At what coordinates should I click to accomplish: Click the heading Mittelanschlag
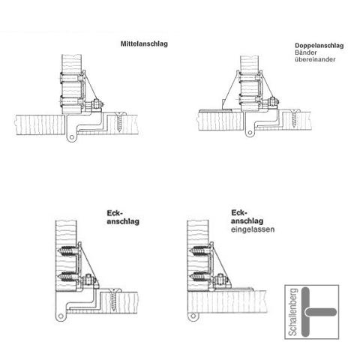point(144,43)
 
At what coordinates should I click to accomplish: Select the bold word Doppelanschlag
point(319,46)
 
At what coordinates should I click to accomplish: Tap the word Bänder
point(306,52)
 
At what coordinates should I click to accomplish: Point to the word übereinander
point(315,59)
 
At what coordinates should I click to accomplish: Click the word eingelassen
point(253,229)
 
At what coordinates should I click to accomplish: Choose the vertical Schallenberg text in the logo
point(293,312)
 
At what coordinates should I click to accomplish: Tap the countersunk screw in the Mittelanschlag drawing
point(119,122)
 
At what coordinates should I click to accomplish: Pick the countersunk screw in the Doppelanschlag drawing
point(294,119)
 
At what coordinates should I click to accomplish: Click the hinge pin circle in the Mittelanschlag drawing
point(72,137)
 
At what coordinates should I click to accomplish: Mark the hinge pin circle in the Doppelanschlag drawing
point(250,133)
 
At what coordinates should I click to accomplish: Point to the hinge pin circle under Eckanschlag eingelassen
point(193,316)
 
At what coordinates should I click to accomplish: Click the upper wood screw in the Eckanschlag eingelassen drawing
point(199,250)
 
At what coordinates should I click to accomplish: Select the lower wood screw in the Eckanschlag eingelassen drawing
point(199,277)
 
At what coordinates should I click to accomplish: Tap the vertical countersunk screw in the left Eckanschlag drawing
point(113,299)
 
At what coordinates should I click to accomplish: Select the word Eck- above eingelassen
point(239,213)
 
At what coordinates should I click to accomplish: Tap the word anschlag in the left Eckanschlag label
point(123,221)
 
